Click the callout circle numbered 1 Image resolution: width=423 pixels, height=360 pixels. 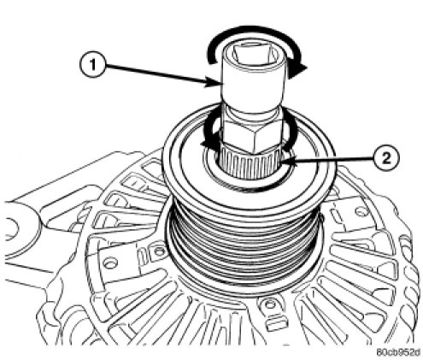coord(92,65)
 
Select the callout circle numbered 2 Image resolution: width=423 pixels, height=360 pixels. coord(385,157)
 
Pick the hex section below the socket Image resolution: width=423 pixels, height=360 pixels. coord(251,135)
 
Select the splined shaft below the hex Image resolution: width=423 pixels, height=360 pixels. coord(250,164)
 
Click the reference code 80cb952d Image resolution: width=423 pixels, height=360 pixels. coord(397,352)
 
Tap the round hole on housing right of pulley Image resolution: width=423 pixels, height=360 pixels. coord(361,212)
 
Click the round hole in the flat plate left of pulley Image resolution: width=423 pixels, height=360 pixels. coord(110,263)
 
